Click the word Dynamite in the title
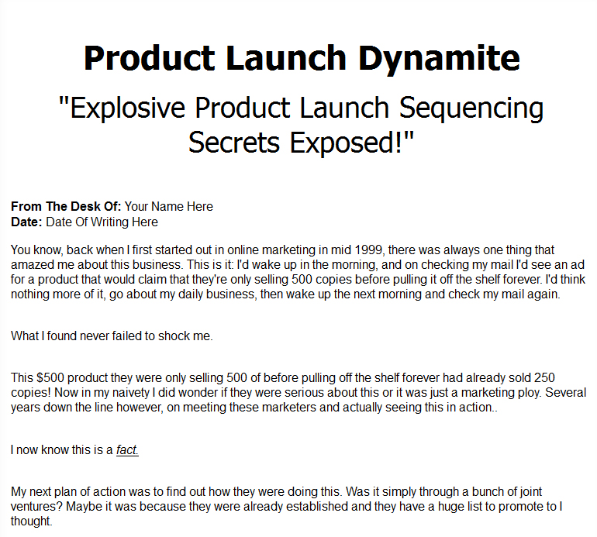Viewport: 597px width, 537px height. pyautogui.click(x=439, y=58)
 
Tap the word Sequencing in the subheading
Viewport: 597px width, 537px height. pyautogui.click(x=471, y=108)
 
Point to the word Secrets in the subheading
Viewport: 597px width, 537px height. pyautogui.click(x=234, y=142)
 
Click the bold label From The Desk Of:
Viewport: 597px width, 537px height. pyautogui.click(x=66, y=206)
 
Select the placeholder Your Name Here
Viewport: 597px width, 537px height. pyautogui.click(x=169, y=206)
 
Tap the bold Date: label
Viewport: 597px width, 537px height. pyautogui.click(x=26, y=222)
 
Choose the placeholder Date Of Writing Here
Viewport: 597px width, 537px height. pyautogui.click(x=102, y=222)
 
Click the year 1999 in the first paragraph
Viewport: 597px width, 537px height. pyautogui.click(x=368, y=250)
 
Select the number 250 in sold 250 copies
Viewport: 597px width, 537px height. pyautogui.click(x=544, y=377)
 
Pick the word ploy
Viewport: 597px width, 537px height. pyautogui.click(x=529, y=392)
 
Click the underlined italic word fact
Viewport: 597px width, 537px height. pyautogui.click(x=127, y=450)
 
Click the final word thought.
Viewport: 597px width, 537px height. pyautogui.click(x=31, y=521)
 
